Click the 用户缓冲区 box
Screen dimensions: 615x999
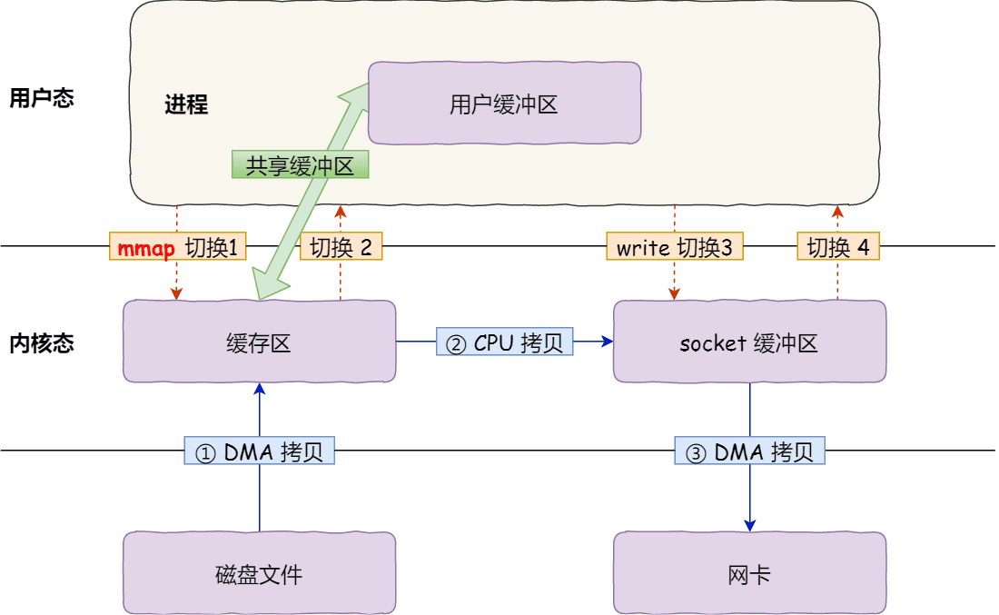504,104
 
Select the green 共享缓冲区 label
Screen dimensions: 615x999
301,164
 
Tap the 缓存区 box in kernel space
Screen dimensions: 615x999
259,342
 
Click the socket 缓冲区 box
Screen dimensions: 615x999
749,342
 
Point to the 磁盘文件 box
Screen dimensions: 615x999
259,572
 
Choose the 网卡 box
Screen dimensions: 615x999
749,572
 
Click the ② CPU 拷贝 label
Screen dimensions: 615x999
504,342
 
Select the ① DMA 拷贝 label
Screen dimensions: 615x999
260,451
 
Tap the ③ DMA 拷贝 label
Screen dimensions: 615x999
749,451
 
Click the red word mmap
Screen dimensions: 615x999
145,247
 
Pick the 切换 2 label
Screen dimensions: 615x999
341,247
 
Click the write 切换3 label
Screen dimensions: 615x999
675,247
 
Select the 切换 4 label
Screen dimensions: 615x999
838,247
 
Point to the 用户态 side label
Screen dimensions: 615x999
41,98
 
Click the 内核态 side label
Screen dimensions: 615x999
41,343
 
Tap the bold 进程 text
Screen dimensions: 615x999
186,104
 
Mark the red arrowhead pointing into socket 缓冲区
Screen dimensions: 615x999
674,293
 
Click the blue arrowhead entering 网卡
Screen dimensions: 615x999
750,525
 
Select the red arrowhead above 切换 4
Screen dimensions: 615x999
838,212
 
